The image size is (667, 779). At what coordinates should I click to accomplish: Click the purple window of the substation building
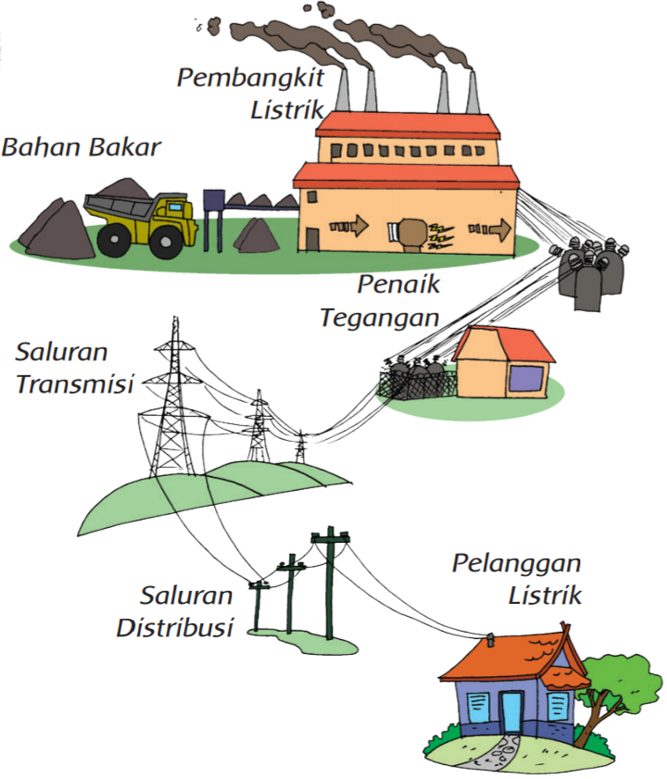(526, 378)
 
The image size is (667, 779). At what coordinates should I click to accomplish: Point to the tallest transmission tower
(171, 398)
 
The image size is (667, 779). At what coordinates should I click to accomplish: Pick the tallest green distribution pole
(330, 584)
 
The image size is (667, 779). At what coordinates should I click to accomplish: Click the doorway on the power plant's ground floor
(311, 238)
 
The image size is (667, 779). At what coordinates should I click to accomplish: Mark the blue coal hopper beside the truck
(214, 199)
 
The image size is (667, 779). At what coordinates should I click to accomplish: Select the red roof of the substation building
(510, 344)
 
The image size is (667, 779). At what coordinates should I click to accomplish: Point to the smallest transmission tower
(299, 446)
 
